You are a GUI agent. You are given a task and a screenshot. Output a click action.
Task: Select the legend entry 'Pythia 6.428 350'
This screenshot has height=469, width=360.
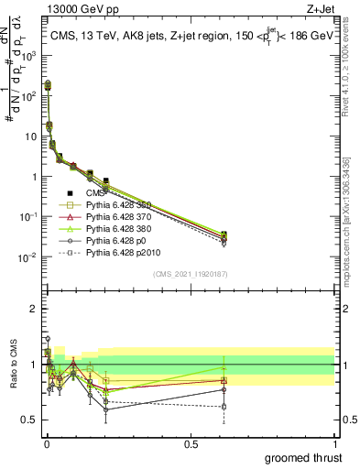click(x=118, y=204)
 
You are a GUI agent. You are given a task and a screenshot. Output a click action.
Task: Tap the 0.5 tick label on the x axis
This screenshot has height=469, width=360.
click(x=191, y=442)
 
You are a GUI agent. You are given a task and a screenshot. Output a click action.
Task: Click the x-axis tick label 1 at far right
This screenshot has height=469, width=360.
click(x=334, y=442)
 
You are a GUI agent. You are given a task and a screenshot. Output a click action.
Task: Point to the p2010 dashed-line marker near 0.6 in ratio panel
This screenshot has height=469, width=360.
click(x=224, y=406)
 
